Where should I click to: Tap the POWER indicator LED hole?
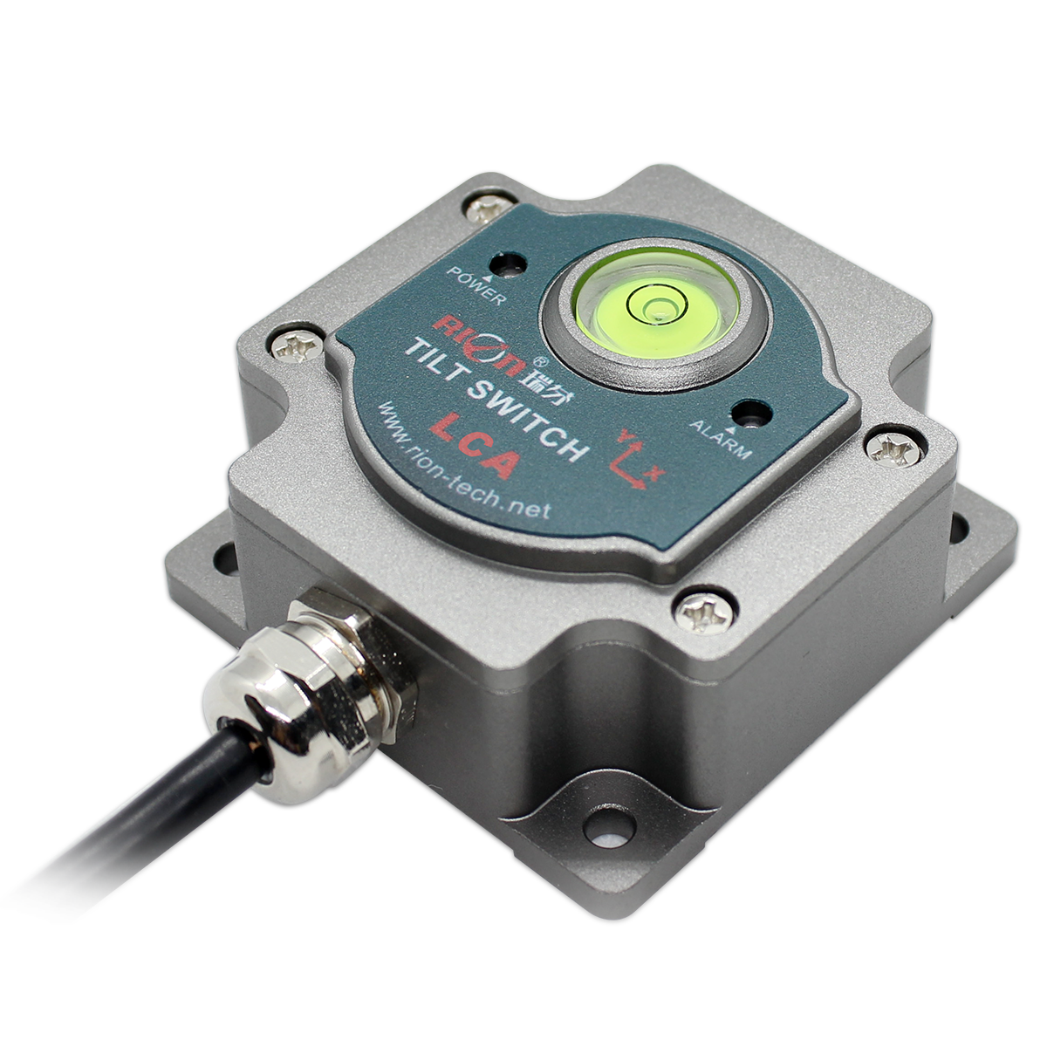click(508, 264)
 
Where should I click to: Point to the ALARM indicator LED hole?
click(751, 414)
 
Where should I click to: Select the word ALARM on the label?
click(721, 439)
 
